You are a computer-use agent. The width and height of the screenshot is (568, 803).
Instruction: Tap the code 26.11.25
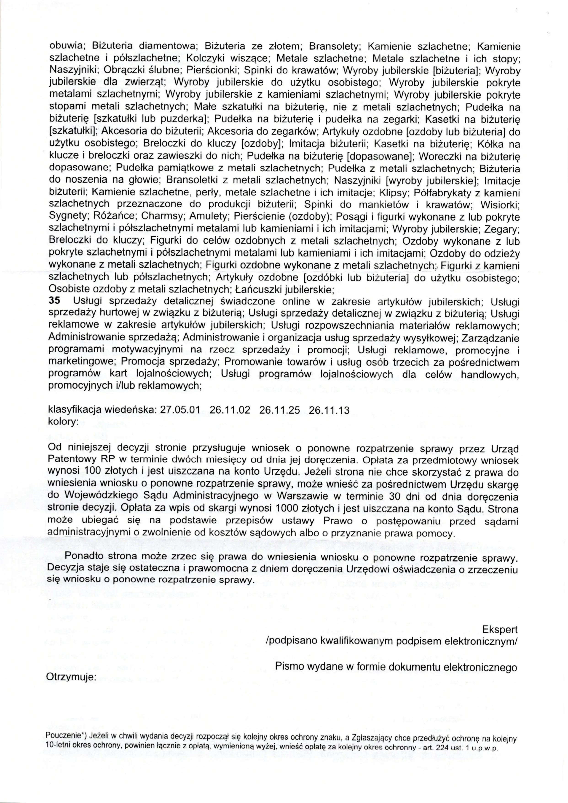pos(279,411)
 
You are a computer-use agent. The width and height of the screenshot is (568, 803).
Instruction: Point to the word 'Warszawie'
pos(301,497)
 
